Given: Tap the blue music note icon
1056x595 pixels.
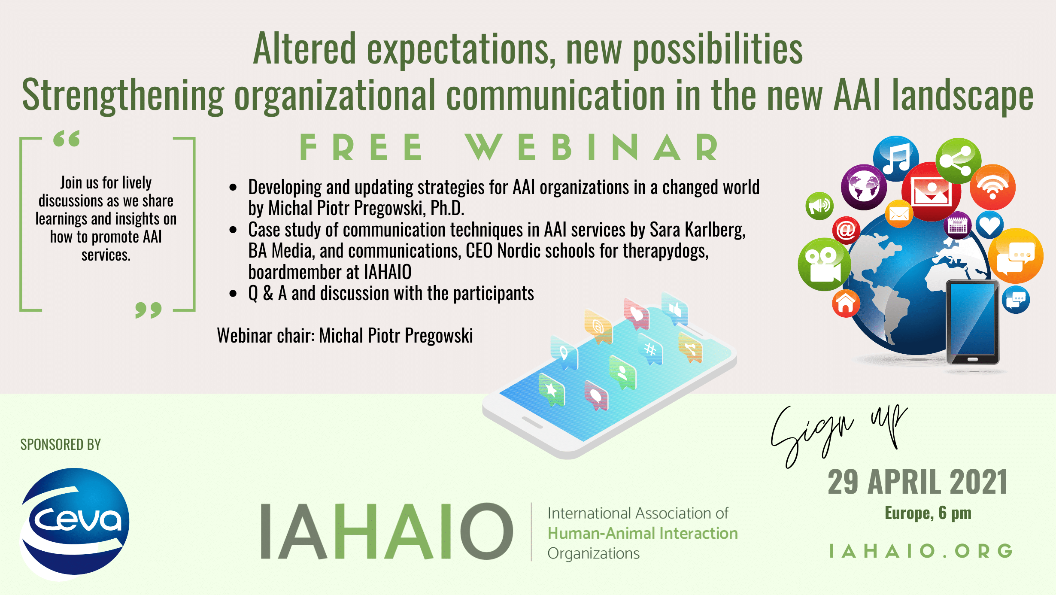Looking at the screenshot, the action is coord(896,158).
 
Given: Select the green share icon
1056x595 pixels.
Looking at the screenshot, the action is coord(958,160).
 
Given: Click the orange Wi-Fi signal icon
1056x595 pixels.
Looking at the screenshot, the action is coord(992,187).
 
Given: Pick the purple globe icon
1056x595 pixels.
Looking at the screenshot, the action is coord(864,187).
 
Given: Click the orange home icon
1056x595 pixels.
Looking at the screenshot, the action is coord(846,303).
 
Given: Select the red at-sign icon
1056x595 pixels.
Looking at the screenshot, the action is coord(846,230).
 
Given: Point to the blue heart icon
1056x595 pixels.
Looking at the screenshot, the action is coord(989,225).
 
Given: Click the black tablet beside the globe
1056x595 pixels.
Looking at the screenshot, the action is coord(973,322).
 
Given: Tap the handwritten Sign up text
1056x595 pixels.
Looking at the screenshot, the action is coord(839,436).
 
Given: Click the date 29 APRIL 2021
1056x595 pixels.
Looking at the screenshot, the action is coord(918,482).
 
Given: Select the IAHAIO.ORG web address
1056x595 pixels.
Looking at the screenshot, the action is coord(921,551).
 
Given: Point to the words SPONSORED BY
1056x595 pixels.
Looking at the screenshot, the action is coord(61,444).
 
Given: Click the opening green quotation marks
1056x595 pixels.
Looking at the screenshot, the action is coord(67,138).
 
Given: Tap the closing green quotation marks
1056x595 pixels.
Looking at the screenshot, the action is coord(149,310).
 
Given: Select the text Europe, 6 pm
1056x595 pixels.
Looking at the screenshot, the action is coord(928,513).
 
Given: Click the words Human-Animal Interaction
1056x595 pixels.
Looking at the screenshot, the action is coord(643,533).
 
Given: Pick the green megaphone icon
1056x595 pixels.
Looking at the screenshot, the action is coord(819,206).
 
